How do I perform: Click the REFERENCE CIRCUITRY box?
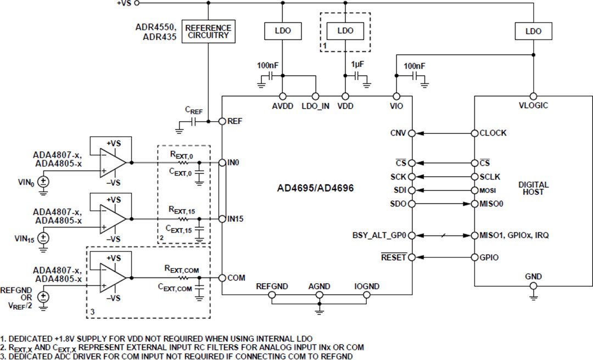(x=208, y=32)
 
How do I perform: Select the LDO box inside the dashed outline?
(x=345, y=31)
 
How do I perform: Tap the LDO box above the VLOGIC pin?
(x=533, y=31)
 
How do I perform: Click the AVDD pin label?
(x=282, y=106)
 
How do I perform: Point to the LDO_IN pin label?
(x=316, y=106)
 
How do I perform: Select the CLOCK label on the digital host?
(x=493, y=133)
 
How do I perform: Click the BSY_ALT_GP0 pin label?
(x=379, y=235)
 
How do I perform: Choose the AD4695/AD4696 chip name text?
(x=316, y=188)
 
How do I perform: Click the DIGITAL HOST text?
(x=533, y=188)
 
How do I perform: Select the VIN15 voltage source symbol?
(x=43, y=238)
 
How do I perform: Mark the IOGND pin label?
(x=367, y=286)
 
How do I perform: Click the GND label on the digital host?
(x=533, y=276)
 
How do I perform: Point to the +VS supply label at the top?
(x=124, y=3)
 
